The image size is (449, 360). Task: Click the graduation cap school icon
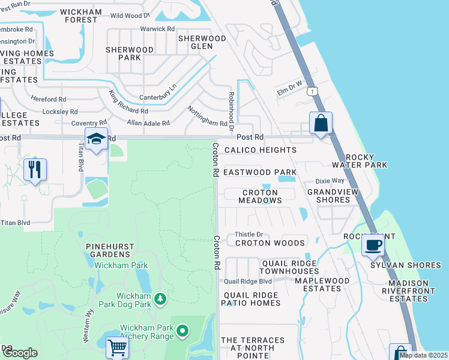click(96, 139)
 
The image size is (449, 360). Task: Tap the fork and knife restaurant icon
click(35, 169)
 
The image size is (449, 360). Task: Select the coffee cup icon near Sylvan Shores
click(373, 245)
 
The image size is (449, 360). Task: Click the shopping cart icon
click(117, 347)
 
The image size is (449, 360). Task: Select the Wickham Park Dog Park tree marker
click(160, 298)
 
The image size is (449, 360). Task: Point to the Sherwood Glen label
click(202, 43)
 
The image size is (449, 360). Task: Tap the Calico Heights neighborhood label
click(260, 150)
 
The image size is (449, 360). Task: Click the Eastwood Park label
click(260, 172)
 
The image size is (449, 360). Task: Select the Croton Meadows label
click(260, 197)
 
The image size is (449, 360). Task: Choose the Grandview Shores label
click(328, 196)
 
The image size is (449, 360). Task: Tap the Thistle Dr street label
click(249, 235)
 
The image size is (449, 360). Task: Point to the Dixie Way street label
click(330, 181)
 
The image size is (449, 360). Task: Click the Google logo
click(20, 353)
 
